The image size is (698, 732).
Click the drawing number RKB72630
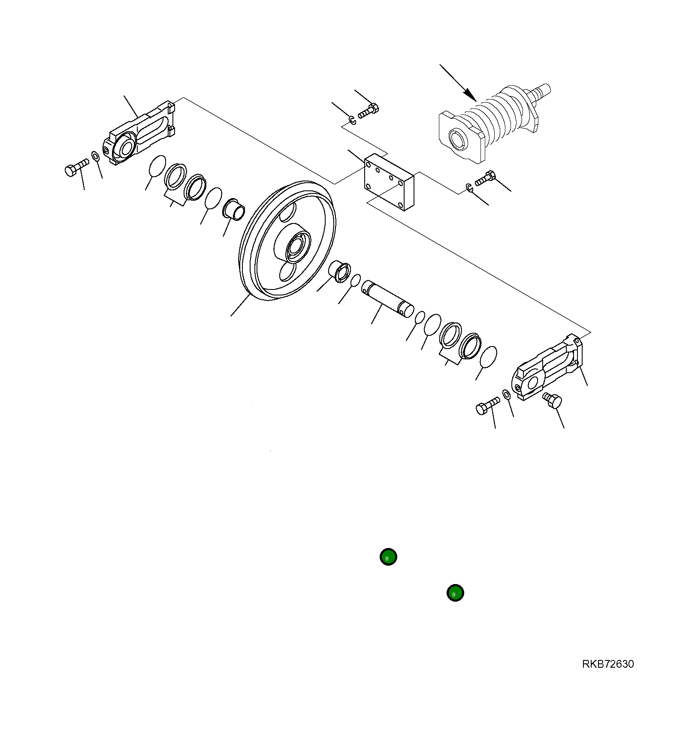pyautogui.click(x=607, y=664)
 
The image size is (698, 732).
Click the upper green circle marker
pyautogui.click(x=388, y=557)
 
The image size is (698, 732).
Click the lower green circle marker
pyautogui.click(x=455, y=593)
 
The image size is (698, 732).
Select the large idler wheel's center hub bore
pyautogui.click(x=296, y=247)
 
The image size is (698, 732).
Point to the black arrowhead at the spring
pyautogui.click(x=471, y=95)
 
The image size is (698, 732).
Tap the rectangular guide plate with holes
pyautogui.click(x=389, y=182)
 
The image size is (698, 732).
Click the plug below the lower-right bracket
pyautogui.click(x=553, y=401)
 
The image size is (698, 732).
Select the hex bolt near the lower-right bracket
pyautogui.click(x=488, y=405)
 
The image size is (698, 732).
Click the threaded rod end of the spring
pyautogui.click(x=541, y=92)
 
